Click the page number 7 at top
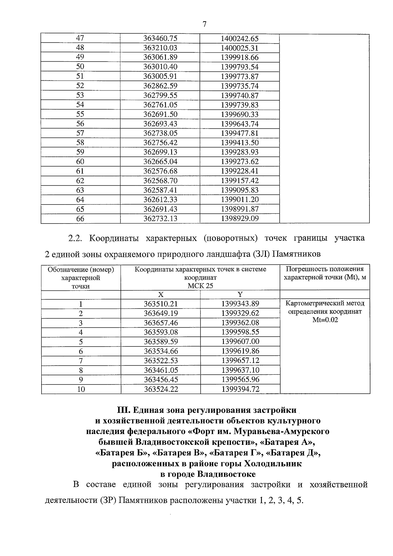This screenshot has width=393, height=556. coord(204,25)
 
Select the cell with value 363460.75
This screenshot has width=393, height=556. coord(160,38)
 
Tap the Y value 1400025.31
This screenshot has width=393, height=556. coord(240,48)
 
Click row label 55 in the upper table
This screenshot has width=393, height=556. coord(80,114)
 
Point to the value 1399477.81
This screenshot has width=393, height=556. coord(240,133)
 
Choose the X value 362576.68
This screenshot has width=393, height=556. coord(160,171)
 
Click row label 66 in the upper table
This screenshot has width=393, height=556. coord(80,219)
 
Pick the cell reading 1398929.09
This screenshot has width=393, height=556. coord(240,219)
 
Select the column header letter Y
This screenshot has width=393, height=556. coord(240,294)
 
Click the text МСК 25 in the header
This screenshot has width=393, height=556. coord(200,286)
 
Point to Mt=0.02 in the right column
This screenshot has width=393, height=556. coord(325,320)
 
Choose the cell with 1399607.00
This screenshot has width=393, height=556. coord(240,342)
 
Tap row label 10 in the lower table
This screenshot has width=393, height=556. coord(81,389)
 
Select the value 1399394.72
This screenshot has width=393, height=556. coord(240,389)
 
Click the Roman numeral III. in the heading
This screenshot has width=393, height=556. coord(123,410)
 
